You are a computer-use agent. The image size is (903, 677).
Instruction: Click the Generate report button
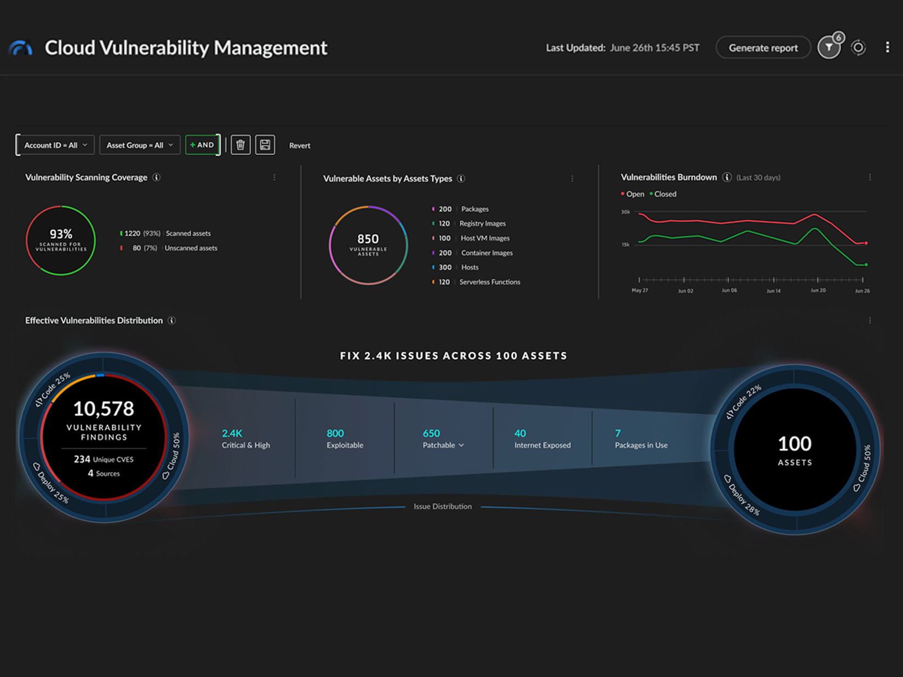click(x=763, y=48)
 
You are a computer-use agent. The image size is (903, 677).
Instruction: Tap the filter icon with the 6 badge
click(x=829, y=48)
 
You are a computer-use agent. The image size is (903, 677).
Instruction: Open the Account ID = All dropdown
click(x=55, y=145)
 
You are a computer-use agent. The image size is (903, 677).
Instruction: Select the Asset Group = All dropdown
click(x=140, y=145)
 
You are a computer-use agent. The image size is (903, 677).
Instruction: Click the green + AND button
click(x=202, y=145)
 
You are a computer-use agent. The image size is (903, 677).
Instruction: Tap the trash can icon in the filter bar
click(x=241, y=145)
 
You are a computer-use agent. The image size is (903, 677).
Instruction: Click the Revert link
click(x=300, y=146)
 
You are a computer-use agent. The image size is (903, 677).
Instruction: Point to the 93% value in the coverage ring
click(x=61, y=234)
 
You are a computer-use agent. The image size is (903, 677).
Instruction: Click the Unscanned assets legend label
click(x=191, y=248)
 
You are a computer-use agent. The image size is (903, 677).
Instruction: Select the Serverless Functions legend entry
click(x=489, y=282)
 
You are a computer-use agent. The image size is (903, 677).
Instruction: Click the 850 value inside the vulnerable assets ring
click(x=368, y=239)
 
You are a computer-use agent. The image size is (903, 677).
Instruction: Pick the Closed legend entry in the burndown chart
click(x=665, y=194)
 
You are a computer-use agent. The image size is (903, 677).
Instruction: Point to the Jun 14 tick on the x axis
click(x=774, y=290)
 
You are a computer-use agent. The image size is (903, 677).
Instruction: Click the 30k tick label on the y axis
click(x=625, y=212)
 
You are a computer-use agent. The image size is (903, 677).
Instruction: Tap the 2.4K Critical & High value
click(x=232, y=433)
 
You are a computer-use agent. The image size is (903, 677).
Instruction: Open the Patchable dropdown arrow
click(x=461, y=445)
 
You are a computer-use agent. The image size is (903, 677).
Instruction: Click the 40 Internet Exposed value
click(x=520, y=433)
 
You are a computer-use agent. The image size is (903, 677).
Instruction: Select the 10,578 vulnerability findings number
click(x=104, y=409)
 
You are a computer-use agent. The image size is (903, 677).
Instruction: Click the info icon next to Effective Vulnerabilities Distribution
click(x=172, y=320)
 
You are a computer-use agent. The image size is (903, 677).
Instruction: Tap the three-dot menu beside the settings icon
click(x=888, y=48)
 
